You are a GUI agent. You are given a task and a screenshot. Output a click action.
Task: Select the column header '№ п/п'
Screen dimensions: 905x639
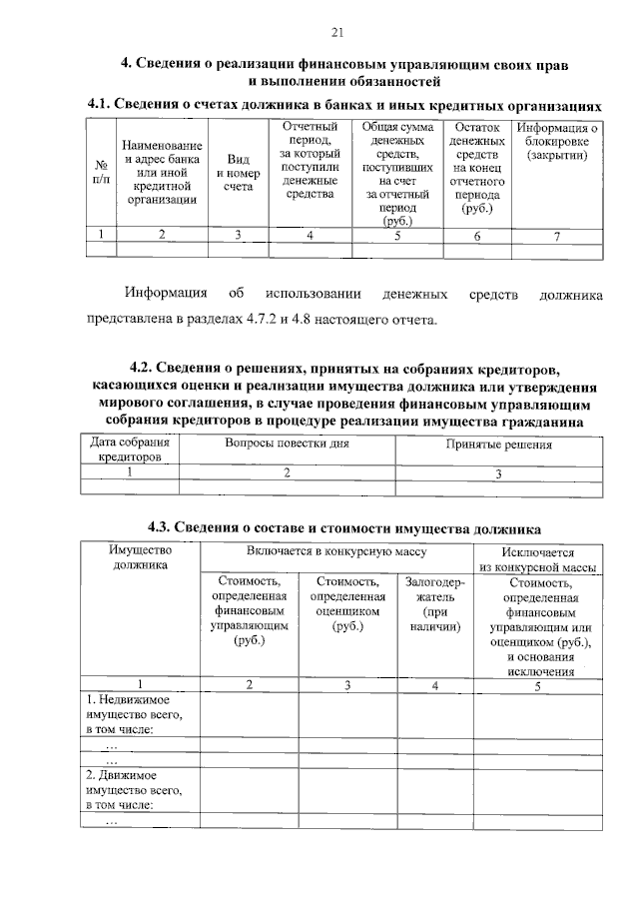101,172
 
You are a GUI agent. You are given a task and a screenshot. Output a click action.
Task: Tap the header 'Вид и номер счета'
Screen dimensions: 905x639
238,172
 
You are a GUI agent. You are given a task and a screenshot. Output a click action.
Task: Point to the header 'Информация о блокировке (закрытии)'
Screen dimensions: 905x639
557,142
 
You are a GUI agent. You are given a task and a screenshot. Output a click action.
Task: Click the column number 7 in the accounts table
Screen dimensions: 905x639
557,236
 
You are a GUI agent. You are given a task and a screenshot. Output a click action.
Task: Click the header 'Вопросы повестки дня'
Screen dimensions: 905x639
287,443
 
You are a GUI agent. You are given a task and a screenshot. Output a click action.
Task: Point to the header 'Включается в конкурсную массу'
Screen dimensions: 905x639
336,550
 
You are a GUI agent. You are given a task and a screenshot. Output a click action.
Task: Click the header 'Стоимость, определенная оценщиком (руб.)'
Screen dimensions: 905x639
346,604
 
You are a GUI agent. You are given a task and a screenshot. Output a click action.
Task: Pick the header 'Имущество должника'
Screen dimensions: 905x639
141,557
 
